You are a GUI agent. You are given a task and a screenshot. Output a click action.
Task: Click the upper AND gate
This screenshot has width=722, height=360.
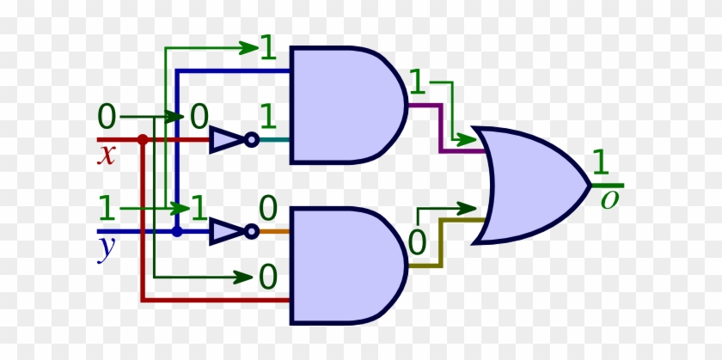[x=344, y=105]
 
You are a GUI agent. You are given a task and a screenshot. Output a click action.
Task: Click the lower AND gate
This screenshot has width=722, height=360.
[x=344, y=265]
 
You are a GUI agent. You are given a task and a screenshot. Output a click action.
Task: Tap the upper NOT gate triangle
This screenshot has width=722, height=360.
[x=226, y=139]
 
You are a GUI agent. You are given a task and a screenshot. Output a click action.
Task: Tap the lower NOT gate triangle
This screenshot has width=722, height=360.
[x=226, y=231]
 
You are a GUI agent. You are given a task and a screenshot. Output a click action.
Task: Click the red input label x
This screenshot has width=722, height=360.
[x=107, y=156]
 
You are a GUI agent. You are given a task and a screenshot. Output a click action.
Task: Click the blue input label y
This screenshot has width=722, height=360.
[x=107, y=248]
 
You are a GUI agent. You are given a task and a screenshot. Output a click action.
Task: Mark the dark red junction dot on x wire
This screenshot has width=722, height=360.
[x=143, y=139]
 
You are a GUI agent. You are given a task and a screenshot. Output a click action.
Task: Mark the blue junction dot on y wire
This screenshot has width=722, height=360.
[x=177, y=231]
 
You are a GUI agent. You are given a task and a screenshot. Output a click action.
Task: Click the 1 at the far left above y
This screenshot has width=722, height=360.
[x=107, y=208]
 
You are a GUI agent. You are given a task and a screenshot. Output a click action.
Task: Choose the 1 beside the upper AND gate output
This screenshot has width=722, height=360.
[x=418, y=83]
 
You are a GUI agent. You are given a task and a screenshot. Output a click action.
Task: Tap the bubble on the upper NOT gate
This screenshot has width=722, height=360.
[x=251, y=139]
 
